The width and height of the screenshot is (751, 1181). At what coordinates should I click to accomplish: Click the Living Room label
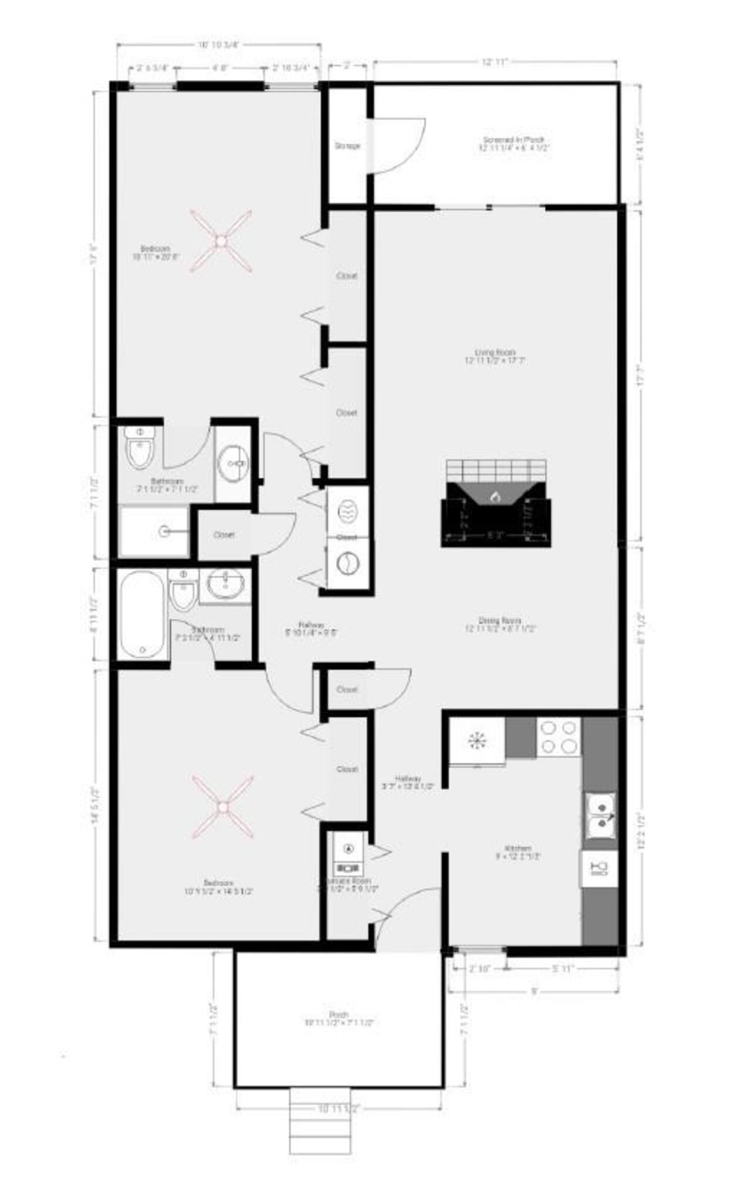(495, 356)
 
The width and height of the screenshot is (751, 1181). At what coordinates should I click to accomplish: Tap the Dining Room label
(500, 624)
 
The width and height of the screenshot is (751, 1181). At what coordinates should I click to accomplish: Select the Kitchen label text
(518, 852)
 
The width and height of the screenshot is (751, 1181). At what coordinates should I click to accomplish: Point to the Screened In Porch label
(513, 144)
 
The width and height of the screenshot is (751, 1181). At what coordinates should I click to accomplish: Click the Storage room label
(347, 146)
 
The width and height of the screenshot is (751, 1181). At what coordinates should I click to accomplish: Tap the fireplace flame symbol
(496, 496)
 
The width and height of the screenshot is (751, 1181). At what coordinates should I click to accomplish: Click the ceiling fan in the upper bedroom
(221, 241)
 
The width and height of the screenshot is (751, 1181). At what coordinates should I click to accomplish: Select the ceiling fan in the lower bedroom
(222, 807)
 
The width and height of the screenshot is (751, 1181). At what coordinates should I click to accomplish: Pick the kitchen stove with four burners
(559, 737)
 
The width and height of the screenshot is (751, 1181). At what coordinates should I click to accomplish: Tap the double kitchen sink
(600, 816)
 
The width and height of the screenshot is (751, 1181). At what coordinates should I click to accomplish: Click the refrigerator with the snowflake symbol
(477, 741)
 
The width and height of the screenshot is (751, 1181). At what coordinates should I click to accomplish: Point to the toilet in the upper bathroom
(140, 447)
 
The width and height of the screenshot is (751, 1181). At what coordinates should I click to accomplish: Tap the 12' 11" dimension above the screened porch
(494, 62)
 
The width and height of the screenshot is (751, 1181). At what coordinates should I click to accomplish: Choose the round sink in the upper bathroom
(234, 463)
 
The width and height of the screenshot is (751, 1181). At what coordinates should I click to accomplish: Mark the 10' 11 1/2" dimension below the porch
(339, 1109)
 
